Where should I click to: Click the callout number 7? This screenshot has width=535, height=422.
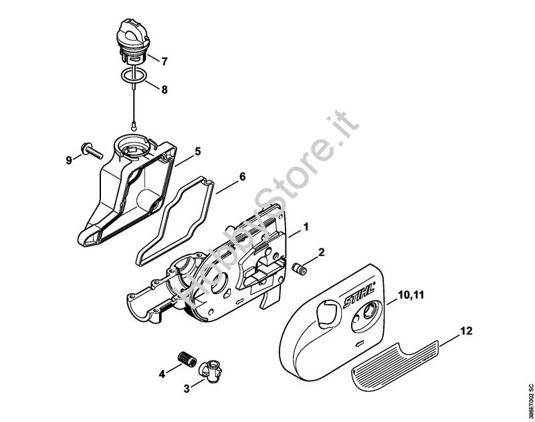[x=165, y=62]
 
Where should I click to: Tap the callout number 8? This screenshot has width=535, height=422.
[x=165, y=90]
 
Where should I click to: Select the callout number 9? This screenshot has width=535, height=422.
[x=69, y=160]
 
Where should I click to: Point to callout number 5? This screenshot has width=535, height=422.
[x=198, y=151]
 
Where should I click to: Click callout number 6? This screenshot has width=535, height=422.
[x=242, y=177]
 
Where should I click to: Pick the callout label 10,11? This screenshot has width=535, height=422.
[x=411, y=295]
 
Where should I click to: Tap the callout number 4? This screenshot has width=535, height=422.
[x=162, y=374]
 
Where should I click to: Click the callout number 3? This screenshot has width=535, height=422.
[x=187, y=389]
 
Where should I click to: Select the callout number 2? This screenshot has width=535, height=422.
[x=321, y=252]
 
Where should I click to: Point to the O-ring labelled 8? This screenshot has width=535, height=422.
[x=134, y=76]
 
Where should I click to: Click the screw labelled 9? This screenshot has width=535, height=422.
[x=92, y=150]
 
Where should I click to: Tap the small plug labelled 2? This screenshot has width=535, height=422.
[x=300, y=267]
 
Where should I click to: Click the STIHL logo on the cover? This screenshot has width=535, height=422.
[x=359, y=295]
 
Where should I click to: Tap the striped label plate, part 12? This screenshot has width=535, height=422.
[x=394, y=366]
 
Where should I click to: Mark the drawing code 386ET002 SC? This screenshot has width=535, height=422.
[x=530, y=403]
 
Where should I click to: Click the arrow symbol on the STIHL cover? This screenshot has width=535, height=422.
[x=360, y=344]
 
